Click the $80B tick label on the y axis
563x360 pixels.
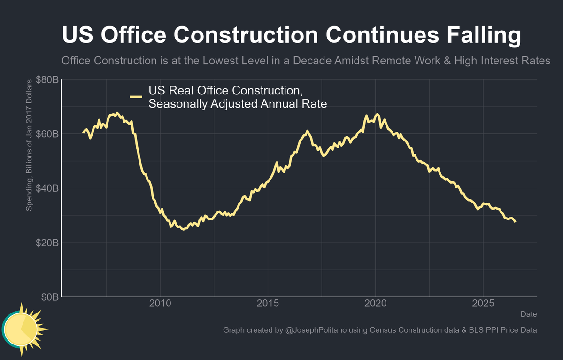47,79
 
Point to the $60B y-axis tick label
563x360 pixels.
47,134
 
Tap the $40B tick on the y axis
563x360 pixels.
47,188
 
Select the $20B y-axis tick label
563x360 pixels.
47,243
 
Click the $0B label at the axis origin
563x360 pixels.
50,297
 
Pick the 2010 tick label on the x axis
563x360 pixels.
160,304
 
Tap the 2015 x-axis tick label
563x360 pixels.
268,304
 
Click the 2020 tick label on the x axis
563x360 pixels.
376,304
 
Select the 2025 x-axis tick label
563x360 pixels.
483,304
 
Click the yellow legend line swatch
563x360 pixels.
136,97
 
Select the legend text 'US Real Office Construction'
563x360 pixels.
225,91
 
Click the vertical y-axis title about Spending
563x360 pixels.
29,145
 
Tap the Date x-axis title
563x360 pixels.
529,314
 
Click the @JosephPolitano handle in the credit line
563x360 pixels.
316,330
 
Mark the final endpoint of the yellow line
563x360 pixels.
515,222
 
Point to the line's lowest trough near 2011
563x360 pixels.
183,229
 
